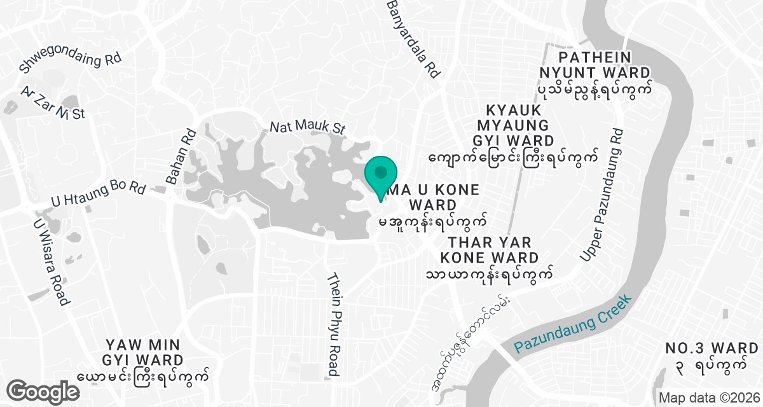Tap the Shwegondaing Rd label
point(70,60)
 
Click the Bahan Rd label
point(181,156)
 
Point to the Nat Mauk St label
point(307,127)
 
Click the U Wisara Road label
point(50,261)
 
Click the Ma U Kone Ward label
point(432,205)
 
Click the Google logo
point(44,391)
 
